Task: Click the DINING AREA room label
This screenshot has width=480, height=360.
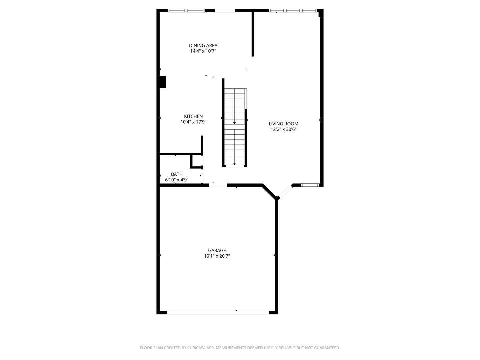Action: click(203, 45)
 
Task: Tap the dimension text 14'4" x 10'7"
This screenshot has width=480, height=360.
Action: click(203, 51)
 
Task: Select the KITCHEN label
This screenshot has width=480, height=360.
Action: click(193, 116)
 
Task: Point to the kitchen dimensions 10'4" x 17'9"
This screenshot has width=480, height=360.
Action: click(193, 122)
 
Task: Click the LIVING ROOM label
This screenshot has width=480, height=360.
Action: click(283, 124)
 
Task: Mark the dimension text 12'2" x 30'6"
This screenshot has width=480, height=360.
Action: click(283, 129)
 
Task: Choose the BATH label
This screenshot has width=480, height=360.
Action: click(177, 174)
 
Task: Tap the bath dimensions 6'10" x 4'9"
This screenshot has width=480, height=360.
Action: click(177, 180)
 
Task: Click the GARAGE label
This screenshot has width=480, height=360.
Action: click(217, 250)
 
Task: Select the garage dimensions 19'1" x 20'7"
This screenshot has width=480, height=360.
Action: click(217, 256)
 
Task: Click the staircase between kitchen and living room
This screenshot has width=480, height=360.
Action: click(234, 127)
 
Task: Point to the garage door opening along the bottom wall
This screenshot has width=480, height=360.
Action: click(218, 313)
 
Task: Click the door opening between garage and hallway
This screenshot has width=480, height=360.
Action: click(218, 185)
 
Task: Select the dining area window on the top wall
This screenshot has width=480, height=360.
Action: click(186, 10)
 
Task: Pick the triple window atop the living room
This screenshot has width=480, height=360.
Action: click(293, 10)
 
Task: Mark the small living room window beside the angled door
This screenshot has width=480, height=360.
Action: click(310, 185)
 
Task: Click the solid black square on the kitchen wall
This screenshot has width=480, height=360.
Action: click(163, 82)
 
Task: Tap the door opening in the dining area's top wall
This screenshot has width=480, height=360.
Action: click(225, 10)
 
